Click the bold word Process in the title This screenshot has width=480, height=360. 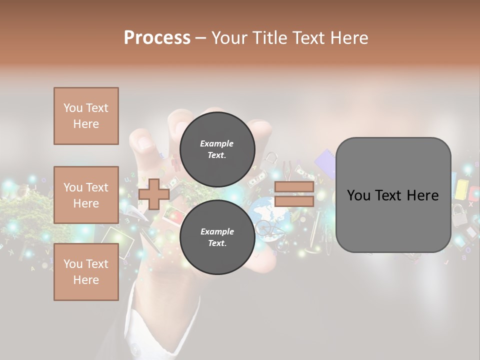[x=157, y=37]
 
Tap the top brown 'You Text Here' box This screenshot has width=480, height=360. [x=86, y=116]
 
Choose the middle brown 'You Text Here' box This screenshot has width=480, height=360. [x=86, y=195]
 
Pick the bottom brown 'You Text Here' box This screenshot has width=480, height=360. [x=86, y=271]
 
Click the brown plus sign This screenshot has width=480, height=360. [x=154, y=194]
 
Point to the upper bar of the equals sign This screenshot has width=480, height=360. [x=294, y=187]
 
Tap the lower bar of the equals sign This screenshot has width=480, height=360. [x=294, y=201]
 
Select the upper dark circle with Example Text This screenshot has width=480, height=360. [x=217, y=149]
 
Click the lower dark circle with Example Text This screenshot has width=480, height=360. [x=217, y=237]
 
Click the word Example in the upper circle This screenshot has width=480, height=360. [x=217, y=143]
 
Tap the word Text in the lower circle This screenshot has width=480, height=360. [x=217, y=243]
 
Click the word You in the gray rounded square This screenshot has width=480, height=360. [x=358, y=195]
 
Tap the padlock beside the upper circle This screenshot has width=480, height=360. [x=271, y=160]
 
